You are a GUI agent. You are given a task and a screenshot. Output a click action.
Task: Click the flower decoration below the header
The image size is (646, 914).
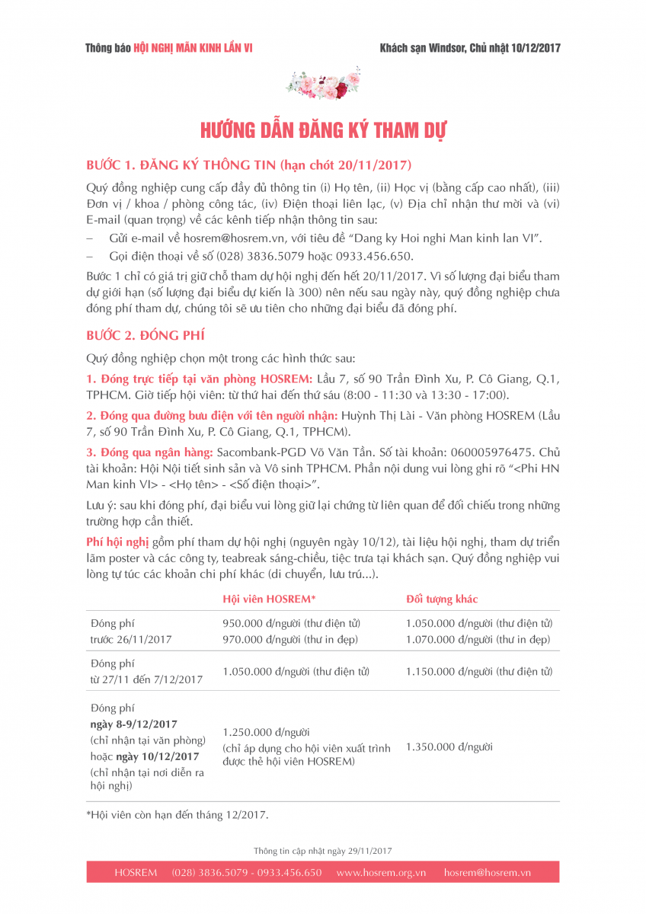tap(323, 85)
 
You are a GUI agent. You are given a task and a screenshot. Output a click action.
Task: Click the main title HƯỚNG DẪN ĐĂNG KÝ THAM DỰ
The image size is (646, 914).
tap(323, 130)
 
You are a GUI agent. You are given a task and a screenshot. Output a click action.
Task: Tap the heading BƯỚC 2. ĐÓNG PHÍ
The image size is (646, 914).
tap(146, 336)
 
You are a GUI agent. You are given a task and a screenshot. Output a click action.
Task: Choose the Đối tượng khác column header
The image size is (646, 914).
tap(442, 599)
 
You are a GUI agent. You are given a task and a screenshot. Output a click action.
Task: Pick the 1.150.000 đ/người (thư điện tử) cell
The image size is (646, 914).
tap(479, 671)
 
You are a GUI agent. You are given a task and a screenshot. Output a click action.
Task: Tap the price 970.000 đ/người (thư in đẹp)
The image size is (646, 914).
tap(290, 640)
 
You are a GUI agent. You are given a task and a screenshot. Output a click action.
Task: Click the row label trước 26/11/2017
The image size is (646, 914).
tap(131, 640)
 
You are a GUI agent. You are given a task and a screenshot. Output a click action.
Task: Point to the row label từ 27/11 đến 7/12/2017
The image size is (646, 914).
tap(146, 679)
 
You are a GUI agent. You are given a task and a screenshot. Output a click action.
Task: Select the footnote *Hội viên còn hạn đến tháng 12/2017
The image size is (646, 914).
tap(177, 815)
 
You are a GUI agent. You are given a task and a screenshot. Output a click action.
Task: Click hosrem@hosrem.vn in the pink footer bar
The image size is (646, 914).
tap(488, 873)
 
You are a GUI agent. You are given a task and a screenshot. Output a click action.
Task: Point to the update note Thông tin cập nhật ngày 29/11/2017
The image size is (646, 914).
tap(323, 850)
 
